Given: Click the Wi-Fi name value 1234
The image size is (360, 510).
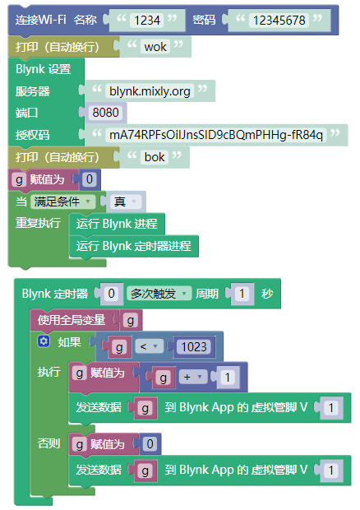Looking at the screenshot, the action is tap(147, 21).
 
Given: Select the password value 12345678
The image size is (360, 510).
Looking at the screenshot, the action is tap(279, 21).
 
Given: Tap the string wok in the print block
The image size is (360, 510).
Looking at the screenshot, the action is tap(155, 47).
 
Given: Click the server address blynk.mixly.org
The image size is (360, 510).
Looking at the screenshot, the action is tap(150, 91).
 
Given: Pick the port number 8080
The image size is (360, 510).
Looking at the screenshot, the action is tap(105, 113).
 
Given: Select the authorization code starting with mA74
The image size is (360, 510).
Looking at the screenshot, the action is tap(216, 135).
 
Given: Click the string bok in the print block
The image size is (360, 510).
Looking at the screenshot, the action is tap(155, 157).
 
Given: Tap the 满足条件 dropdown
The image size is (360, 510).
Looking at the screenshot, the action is tap(62, 202).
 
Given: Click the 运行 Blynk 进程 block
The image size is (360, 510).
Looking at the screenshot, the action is tap(117, 224).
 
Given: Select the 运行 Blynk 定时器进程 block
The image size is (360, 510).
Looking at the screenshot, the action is tap(133, 246).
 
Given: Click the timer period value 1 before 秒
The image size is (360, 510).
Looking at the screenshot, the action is tap(242, 294).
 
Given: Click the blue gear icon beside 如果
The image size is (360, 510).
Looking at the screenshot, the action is tap(44, 341).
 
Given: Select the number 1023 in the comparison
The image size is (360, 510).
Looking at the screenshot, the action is tap(194, 347).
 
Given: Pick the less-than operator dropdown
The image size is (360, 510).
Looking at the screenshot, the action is tap(149, 347).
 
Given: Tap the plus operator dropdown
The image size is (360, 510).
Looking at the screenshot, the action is tap(193, 378).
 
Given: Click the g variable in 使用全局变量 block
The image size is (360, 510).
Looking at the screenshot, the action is tap(131, 321).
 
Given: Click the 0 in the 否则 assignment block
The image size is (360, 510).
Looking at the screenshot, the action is tap(150, 444).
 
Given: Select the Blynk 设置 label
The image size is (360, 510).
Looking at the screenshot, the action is tap(44, 69).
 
